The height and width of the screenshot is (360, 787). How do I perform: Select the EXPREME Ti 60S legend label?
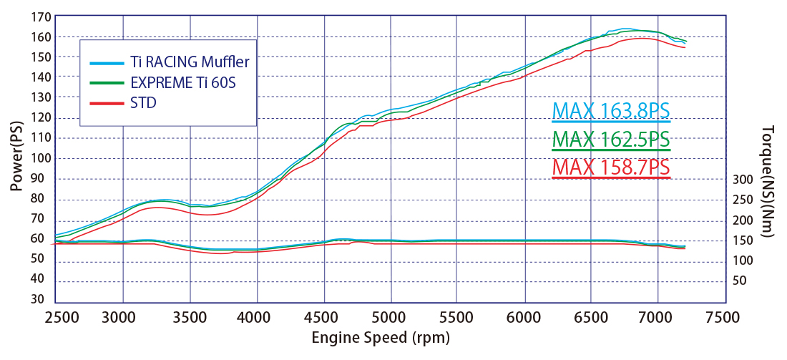(183, 83)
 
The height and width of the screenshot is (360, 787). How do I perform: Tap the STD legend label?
(143, 104)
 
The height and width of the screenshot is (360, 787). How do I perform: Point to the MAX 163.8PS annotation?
(611, 111)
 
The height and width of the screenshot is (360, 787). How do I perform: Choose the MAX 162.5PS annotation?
(611, 139)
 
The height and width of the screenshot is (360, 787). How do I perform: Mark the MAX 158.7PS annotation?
(611, 167)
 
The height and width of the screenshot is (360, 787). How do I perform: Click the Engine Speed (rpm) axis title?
(381, 337)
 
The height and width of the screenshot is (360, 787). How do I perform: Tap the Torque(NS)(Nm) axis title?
(768, 175)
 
